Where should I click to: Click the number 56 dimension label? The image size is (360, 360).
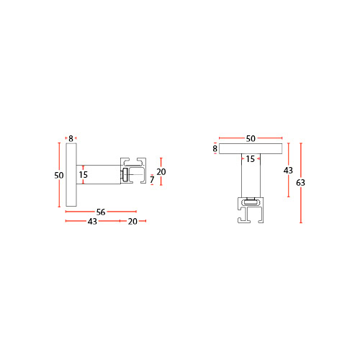point(101,212)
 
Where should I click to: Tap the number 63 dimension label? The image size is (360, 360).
point(300,183)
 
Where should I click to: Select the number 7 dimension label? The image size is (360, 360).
point(152,179)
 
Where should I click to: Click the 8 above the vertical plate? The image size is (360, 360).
point(71,138)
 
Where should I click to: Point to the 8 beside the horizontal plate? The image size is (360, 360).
point(215,148)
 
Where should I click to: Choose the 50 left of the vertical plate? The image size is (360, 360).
point(59,175)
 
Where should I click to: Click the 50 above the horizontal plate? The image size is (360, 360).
point(251,138)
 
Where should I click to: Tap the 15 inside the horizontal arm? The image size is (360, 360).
point(83,174)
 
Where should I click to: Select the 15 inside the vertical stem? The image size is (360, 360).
point(250,159)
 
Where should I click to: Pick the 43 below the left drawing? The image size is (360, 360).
point(92,221)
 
